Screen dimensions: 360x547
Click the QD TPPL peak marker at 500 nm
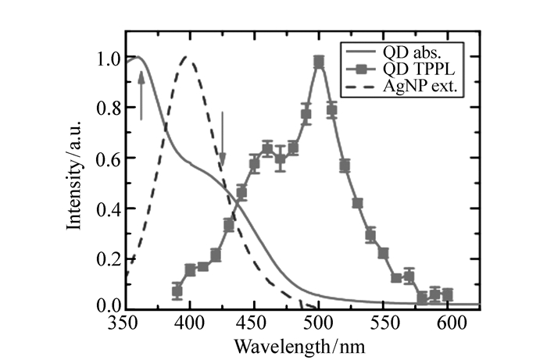pyautogui.click(x=319, y=62)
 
